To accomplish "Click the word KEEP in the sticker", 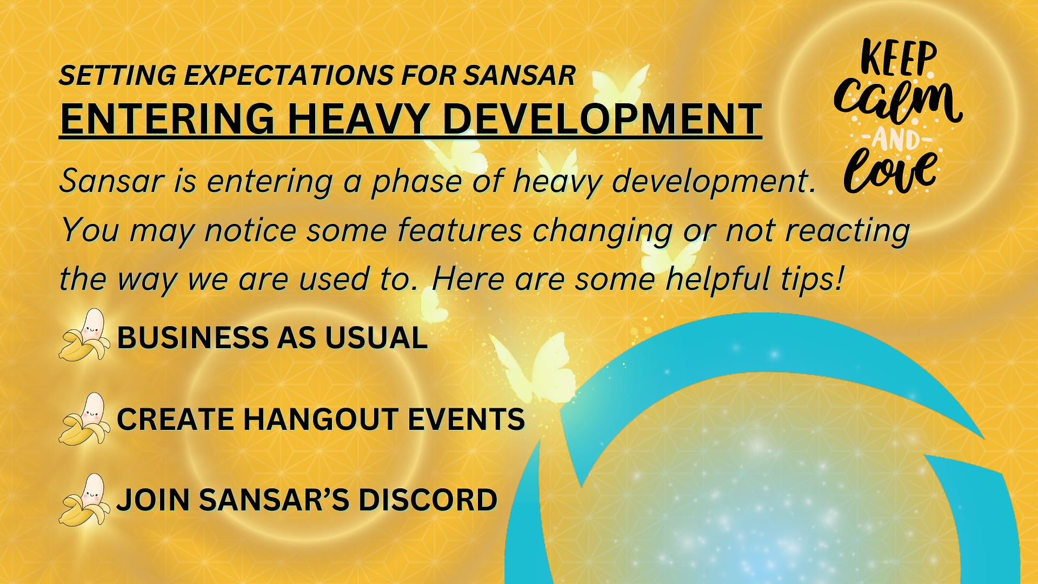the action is pos(898,57).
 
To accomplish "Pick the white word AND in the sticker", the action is pos(896,140).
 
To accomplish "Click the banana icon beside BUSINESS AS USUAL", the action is pos(85,335).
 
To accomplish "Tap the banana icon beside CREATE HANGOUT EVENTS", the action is pos(85,419).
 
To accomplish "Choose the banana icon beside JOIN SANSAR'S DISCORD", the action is pos(85,500).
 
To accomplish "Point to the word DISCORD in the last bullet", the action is pos(427,500).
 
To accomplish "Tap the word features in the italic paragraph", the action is pos(460,231).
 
